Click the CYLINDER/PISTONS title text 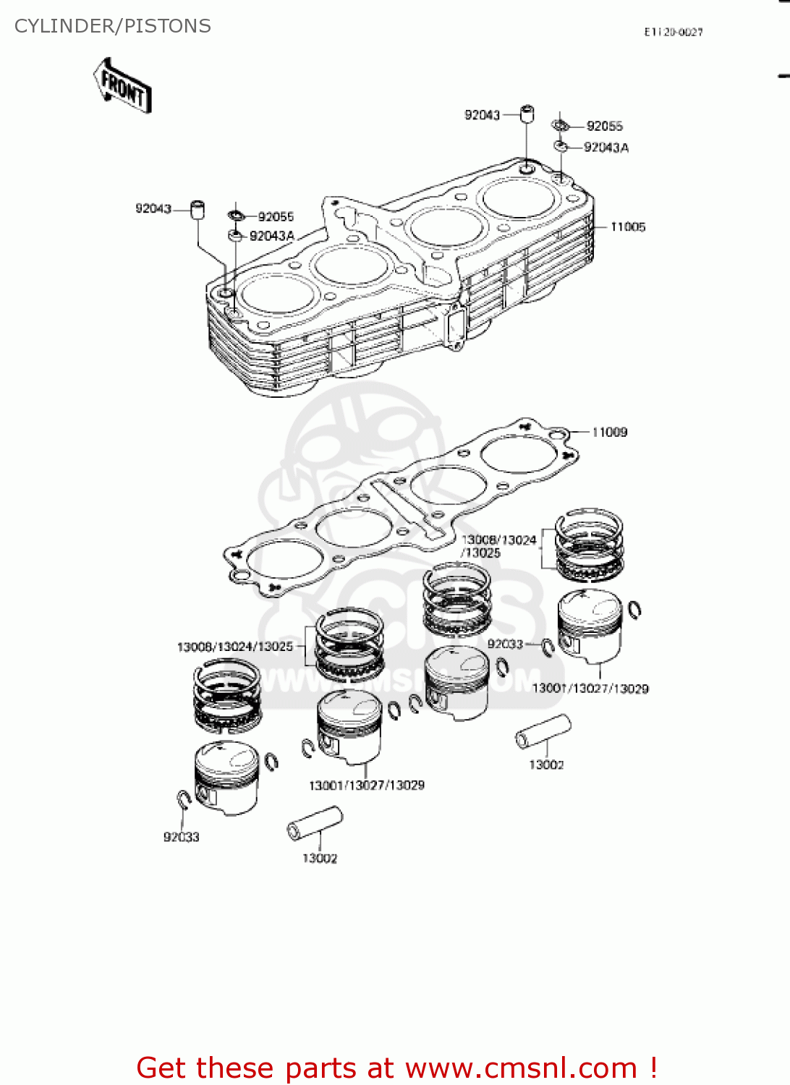[x=113, y=26]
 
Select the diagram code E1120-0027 [x=673, y=32]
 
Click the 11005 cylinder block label [x=627, y=227]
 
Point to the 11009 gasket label [x=609, y=433]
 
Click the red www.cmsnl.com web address [x=521, y=1068]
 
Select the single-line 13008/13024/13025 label [x=235, y=647]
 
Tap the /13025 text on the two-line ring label [x=481, y=553]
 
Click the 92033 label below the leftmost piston [x=181, y=837]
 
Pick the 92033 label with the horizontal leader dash [x=505, y=644]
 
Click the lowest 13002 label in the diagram [x=319, y=859]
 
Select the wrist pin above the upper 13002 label [x=543, y=731]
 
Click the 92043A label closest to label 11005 [x=606, y=148]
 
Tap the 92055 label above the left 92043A [x=276, y=216]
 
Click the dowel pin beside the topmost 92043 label [x=527, y=114]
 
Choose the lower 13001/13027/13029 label [x=366, y=786]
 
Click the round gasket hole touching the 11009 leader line [x=557, y=434]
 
